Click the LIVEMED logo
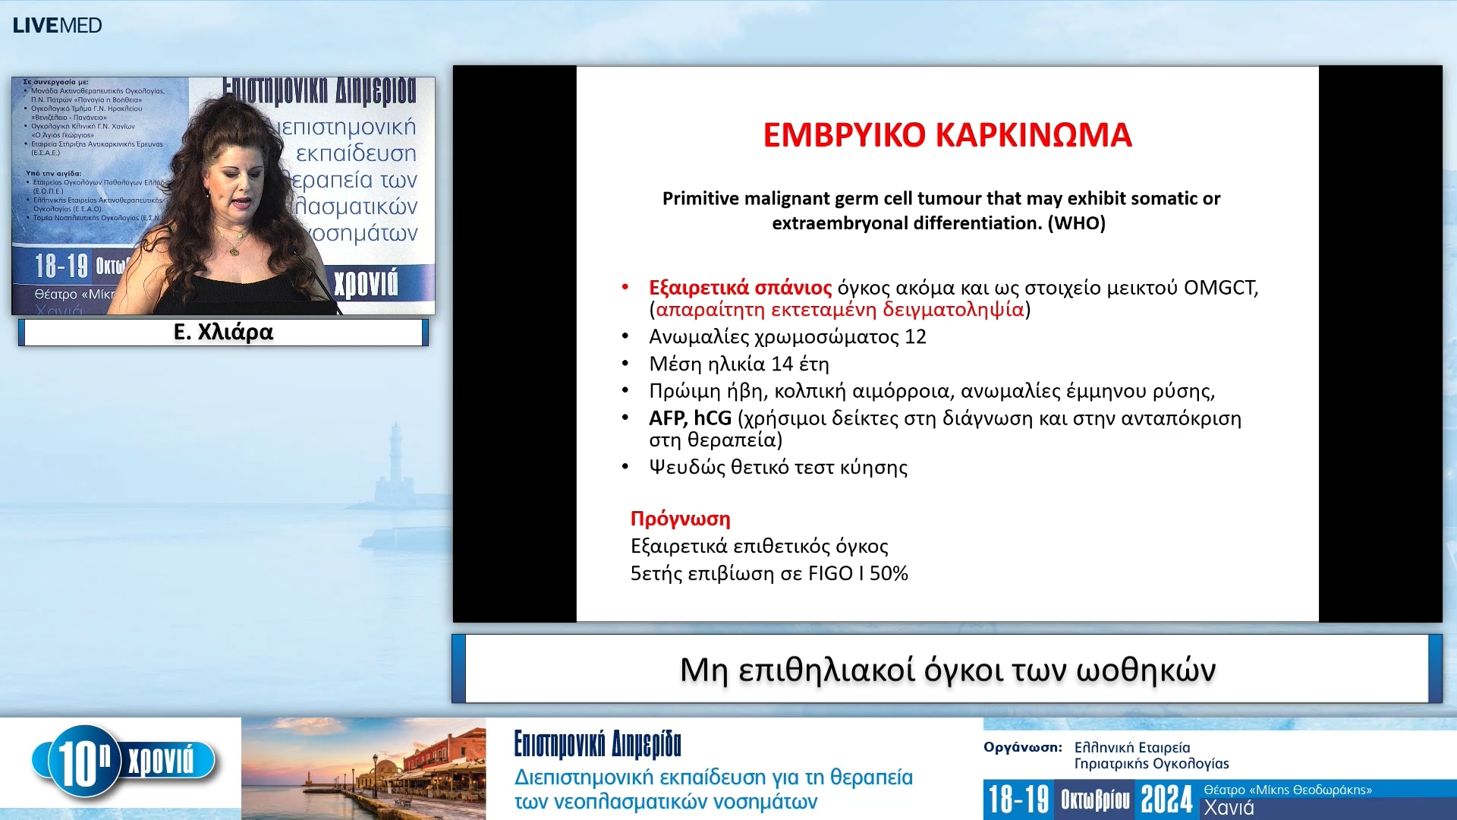(57, 25)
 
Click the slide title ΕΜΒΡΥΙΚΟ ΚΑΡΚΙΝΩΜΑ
(947, 135)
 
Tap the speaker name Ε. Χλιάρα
(223, 332)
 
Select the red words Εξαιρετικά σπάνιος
(740, 288)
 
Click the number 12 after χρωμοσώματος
(915, 336)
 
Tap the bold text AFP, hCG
(690, 418)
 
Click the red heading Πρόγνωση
(680, 519)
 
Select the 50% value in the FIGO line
(889, 573)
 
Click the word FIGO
(830, 573)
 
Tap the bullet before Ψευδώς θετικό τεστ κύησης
(625, 466)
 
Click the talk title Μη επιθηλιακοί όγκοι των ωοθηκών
(947, 670)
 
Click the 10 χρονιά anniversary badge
(125, 762)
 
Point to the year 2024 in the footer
(1166, 799)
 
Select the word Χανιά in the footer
(1229, 808)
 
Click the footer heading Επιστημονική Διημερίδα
(597, 744)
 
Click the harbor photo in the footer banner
(363, 768)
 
